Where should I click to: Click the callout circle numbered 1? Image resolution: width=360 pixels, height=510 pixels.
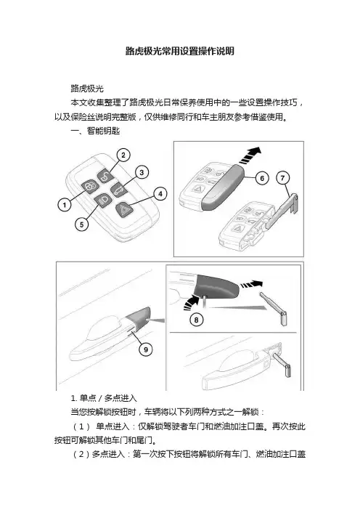pos(65,205)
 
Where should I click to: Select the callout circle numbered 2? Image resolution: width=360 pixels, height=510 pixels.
pos(123,155)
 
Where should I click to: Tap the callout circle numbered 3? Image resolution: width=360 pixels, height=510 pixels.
pos(142,172)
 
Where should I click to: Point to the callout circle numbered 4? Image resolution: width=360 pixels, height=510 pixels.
pos(160,194)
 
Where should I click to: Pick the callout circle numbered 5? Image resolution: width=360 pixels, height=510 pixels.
pos(81,224)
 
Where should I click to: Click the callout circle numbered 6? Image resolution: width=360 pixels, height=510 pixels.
pos(262,178)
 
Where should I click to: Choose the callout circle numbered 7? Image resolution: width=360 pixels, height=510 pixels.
pos(282,178)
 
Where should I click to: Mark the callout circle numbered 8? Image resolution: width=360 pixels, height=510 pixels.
pos(196,320)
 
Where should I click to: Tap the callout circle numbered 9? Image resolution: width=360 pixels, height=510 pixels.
pos(146,349)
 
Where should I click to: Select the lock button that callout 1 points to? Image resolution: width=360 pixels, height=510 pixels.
pos(89,187)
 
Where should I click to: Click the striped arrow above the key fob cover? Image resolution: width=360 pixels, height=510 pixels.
pos(250,155)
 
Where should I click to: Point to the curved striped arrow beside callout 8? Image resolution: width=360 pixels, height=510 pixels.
pos(191,301)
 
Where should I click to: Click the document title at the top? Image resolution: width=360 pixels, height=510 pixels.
pos(180,51)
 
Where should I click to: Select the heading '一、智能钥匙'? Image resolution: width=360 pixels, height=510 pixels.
pos(95,131)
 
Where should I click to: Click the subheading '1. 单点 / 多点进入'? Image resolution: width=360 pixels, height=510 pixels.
pos(104,398)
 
